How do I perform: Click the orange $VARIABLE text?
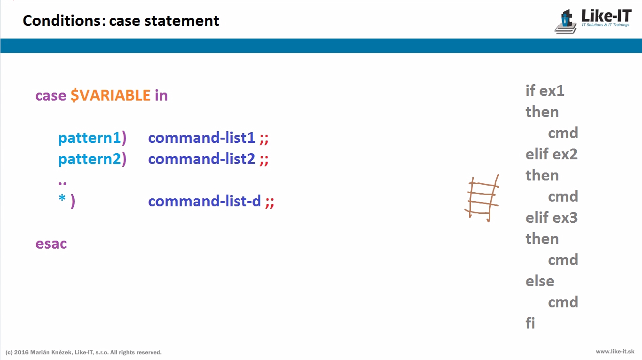(x=110, y=96)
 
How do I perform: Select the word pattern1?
(x=89, y=138)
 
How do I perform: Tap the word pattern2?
(x=89, y=159)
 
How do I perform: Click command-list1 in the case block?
(x=202, y=138)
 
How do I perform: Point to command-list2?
(x=202, y=159)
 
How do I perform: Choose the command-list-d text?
(x=204, y=201)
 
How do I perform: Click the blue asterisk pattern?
(x=62, y=198)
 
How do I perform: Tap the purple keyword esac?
(x=51, y=244)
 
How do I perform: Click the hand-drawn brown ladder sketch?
(x=482, y=198)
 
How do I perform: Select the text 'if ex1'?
(x=545, y=91)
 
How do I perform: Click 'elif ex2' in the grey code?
(x=551, y=154)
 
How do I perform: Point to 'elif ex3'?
(x=551, y=218)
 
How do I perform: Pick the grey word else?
(x=540, y=281)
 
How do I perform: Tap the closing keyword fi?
(x=530, y=323)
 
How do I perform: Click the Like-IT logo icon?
(x=565, y=22)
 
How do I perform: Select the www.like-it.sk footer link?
(x=615, y=352)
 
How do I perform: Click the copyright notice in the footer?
(x=83, y=352)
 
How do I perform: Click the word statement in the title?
(x=182, y=21)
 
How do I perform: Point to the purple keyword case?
(x=51, y=96)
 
